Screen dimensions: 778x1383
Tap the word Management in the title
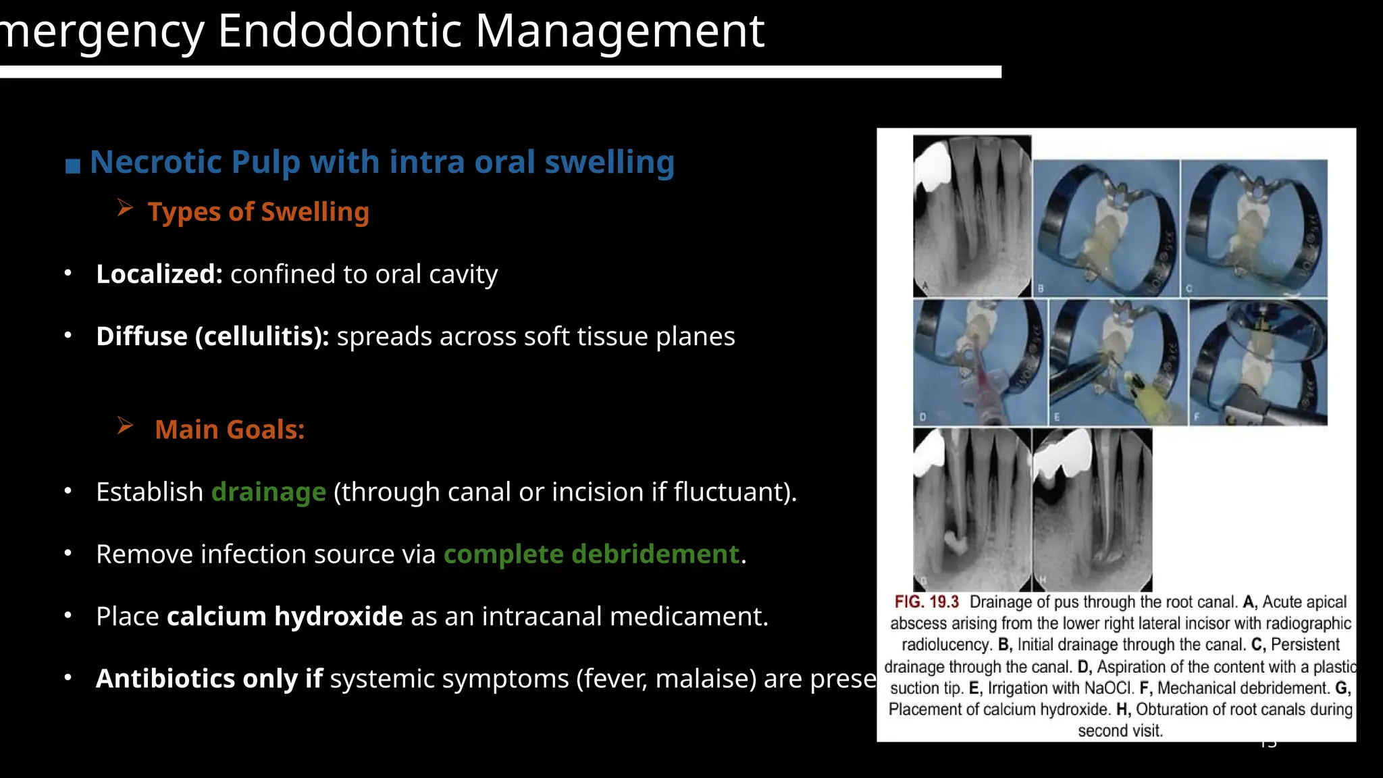pos(619,31)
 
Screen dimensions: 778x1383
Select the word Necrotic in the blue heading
pos(156,162)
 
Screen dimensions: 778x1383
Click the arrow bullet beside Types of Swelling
pos(125,208)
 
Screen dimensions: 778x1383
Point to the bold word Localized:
pos(159,274)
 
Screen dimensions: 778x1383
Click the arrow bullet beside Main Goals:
pos(125,425)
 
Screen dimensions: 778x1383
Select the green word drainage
pos(269,492)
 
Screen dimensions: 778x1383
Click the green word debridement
pos(655,554)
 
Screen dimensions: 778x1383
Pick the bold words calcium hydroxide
pos(284,616)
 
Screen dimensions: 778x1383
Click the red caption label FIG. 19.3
pos(927,602)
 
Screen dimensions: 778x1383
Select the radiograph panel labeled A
pos(972,216)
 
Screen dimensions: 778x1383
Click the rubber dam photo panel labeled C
pos(1254,228)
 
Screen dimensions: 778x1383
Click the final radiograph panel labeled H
pos(1093,510)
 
